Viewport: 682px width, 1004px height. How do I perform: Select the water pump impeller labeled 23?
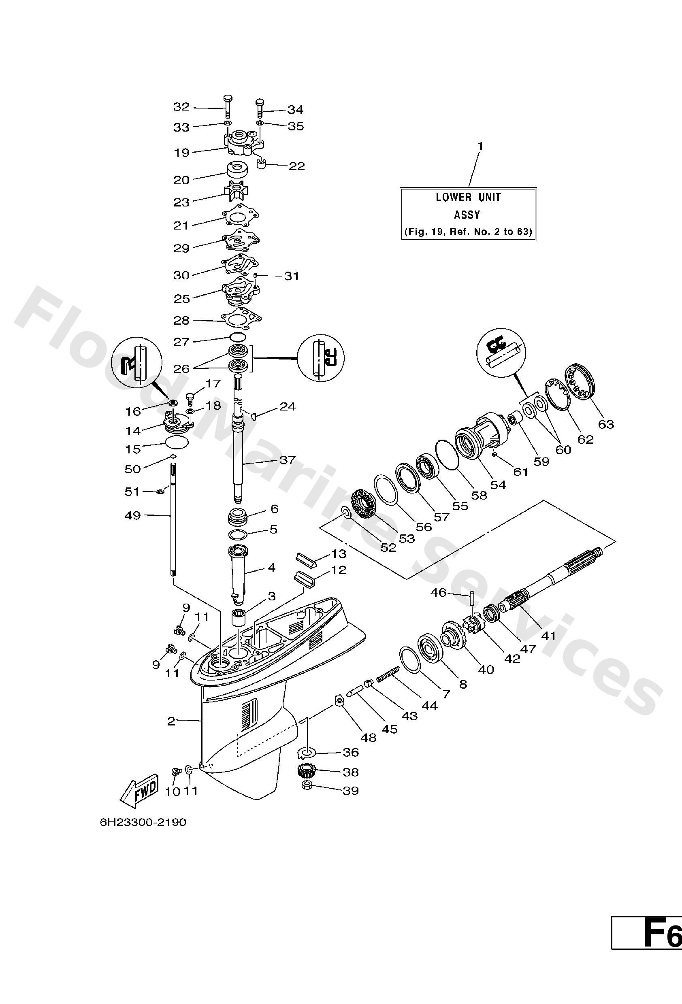tap(236, 191)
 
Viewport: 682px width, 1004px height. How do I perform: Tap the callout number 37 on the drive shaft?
tap(288, 460)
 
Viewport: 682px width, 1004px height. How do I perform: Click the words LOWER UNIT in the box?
tap(468, 198)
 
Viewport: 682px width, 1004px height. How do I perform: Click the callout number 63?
tap(605, 424)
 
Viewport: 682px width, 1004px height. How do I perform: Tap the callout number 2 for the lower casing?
tap(171, 721)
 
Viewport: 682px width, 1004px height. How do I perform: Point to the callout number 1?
tap(480, 147)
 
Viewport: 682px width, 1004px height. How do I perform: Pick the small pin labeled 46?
tap(473, 601)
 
